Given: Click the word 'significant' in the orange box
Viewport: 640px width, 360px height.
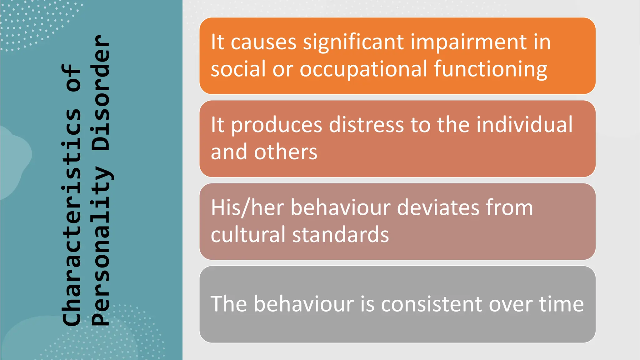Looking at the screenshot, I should [353, 42].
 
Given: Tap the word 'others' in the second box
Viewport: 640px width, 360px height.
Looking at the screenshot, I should [286, 152].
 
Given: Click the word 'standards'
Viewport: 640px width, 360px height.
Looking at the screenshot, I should [340, 235].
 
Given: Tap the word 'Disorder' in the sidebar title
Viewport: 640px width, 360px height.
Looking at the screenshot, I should [101, 92].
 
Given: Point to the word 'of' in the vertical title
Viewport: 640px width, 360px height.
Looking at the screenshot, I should [72, 78].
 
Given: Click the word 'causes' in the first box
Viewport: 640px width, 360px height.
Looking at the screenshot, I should [263, 42].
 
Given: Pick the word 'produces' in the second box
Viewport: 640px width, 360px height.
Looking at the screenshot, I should [276, 125].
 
